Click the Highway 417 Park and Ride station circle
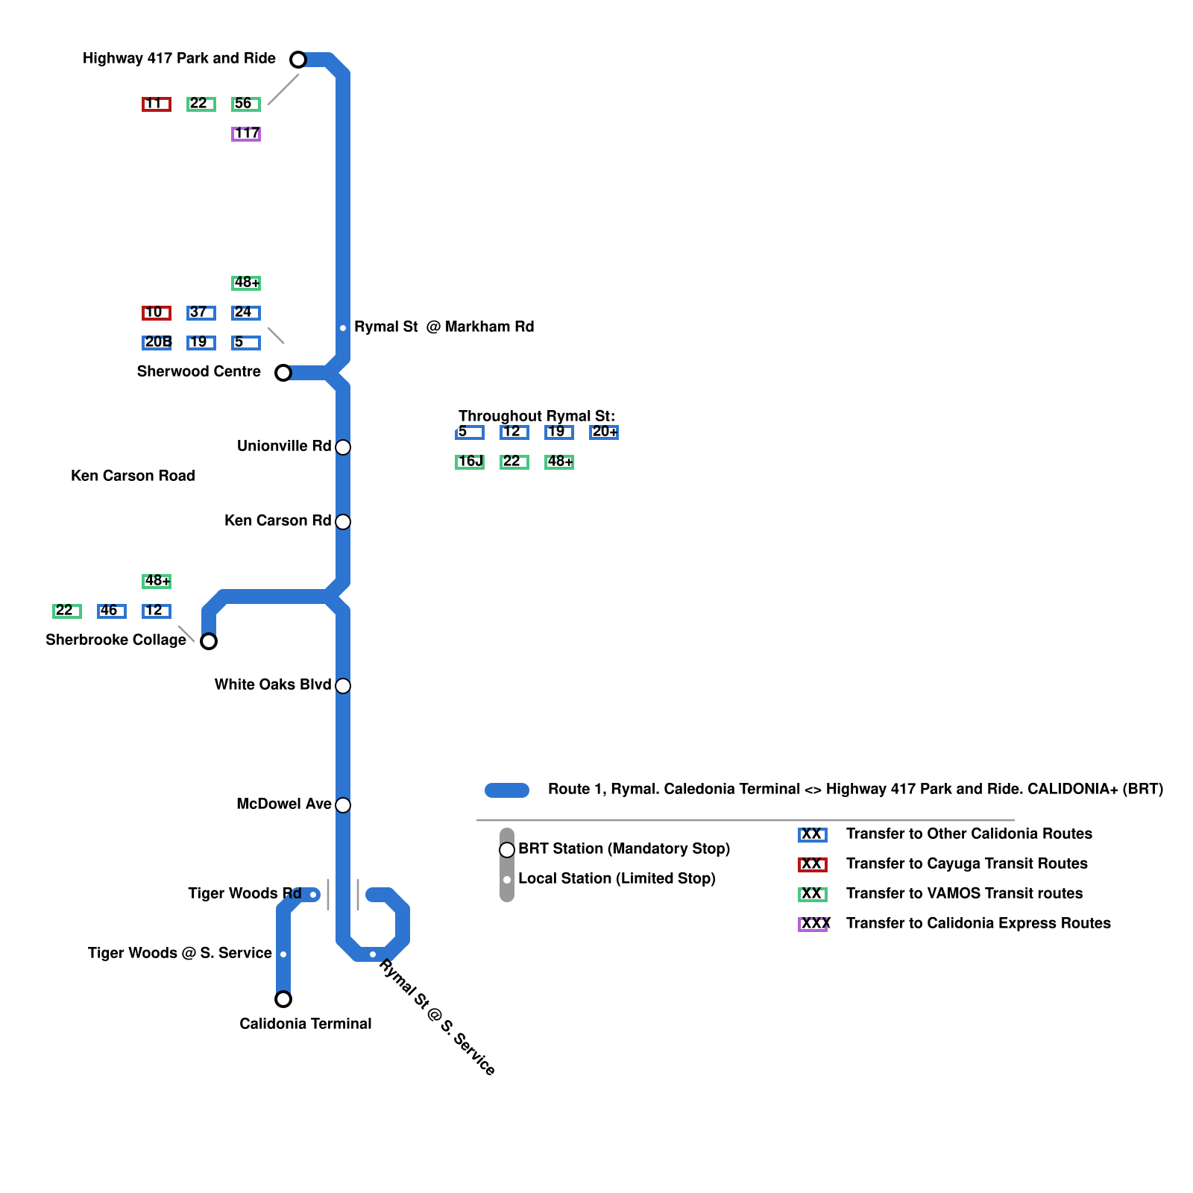pos(298,60)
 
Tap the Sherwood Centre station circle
pos(283,373)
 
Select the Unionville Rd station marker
pos(343,447)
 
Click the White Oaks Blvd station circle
pos(343,686)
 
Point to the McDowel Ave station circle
pos(343,805)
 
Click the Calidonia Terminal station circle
pos(283,999)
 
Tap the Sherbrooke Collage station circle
pos(209,641)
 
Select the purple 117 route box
pos(246,134)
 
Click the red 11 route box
pos(157,104)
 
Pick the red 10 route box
pos(157,313)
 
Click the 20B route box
pos(157,343)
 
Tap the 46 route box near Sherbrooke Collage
pos(112,611)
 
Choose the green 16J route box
pos(470,462)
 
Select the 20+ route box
pos(604,432)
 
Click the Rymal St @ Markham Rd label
pos(444,327)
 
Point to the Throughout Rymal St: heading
pos(537,416)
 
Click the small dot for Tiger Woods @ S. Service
pos(283,954)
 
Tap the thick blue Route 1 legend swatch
pos(507,790)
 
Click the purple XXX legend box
pos(813,925)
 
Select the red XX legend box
pos(813,865)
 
